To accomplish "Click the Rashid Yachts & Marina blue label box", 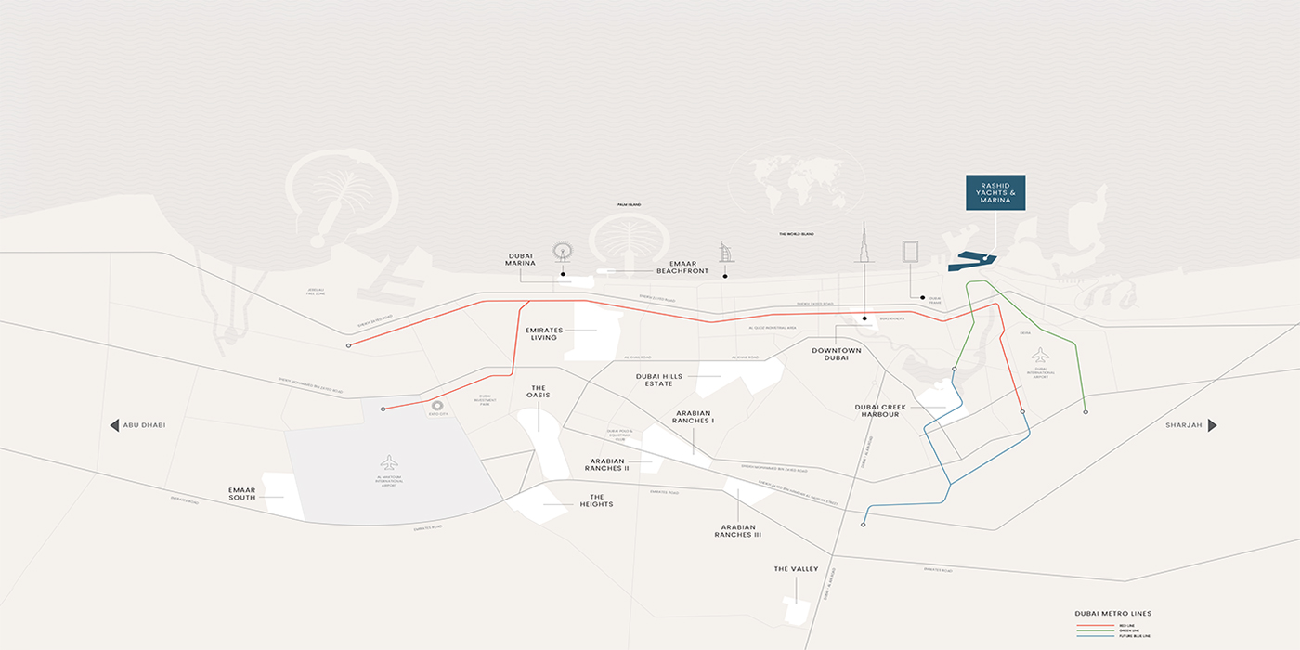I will coord(995,192).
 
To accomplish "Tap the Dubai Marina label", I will coord(521,259).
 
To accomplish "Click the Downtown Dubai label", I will coord(837,354).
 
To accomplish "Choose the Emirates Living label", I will coord(544,333).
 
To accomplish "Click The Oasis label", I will coord(539,392).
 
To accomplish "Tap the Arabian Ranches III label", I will coord(738,530).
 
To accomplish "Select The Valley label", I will coord(797,569).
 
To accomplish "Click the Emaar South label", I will coord(241,493).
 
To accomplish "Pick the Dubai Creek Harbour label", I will coord(880,410).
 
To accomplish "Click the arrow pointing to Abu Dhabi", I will coord(115,425).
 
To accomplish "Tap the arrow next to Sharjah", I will coord(1212,425).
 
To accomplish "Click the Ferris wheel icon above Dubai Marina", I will coord(561,253).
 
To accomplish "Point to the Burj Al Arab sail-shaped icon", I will coord(726,253).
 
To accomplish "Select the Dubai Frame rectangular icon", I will coord(910,254).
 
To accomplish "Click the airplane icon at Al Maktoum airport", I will coord(389,462).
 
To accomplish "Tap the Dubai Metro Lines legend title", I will coord(1112,614).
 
